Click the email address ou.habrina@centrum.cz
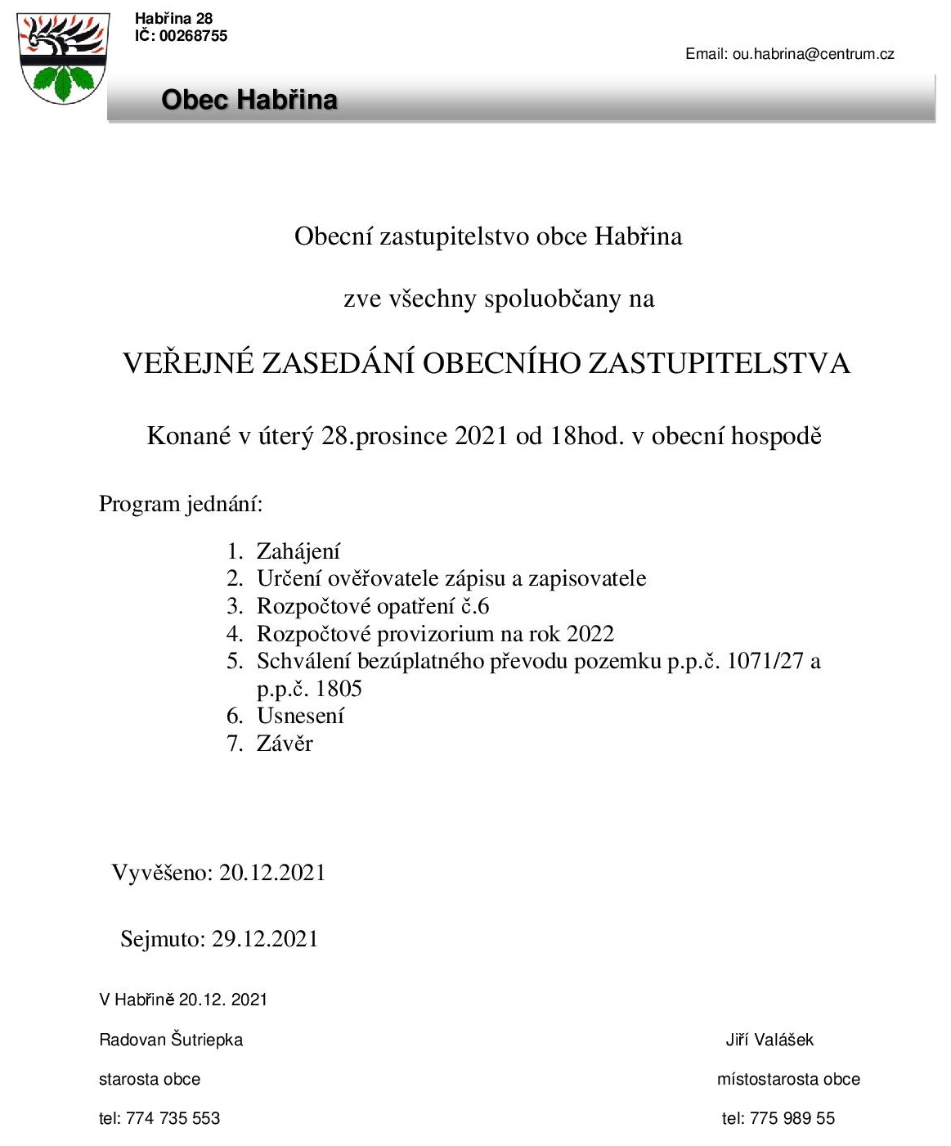tap(813, 54)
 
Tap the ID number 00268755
tap(193, 36)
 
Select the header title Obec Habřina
tap(249, 100)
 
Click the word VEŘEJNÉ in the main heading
tap(188, 363)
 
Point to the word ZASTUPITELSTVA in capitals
tap(719, 363)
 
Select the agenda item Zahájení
tap(298, 551)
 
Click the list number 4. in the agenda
tap(235, 634)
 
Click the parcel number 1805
tap(339, 689)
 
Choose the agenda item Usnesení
tap(300, 716)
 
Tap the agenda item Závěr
tap(285, 744)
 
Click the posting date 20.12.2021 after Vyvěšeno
tap(272, 873)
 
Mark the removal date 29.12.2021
tap(265, 938)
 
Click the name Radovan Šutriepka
tap(171, 1040)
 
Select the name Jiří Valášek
tap(769, 1040)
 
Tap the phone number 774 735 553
tap(173, 1118)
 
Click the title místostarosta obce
tap(788, 1079)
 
